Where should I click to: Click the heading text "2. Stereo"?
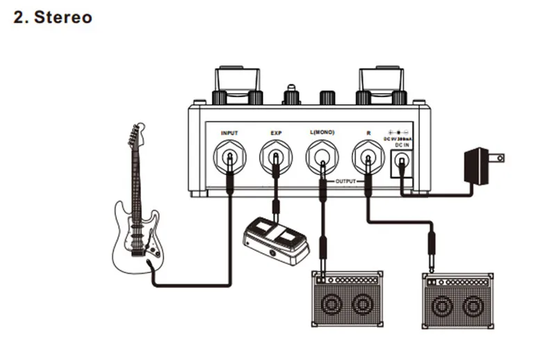[53, 17]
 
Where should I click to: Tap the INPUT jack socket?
[229, 157]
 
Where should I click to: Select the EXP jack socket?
[276, 157]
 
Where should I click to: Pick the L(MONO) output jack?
[322, 157]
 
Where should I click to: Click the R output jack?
[368, 157]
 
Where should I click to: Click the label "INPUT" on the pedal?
[229, 132]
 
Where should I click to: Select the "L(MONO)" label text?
[323, 132]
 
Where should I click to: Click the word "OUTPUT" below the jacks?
[345, 181]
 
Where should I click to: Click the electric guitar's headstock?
[133, 137]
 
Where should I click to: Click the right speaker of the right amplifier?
[473, 305]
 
